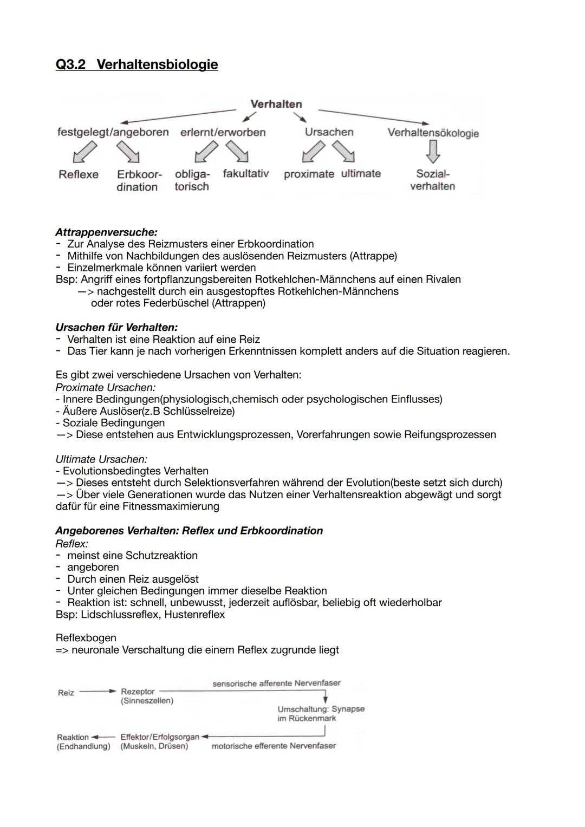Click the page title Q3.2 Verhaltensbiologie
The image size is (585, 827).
(x=136, y=64)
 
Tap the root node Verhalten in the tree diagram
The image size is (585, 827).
(x=276, y=104)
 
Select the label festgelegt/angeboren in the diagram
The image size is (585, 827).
(x=113, y=132)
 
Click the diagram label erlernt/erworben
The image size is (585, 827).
(x=223, y=132)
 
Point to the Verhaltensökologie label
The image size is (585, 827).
(x=433, y=133)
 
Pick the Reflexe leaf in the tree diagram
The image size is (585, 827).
(x=79, y=174)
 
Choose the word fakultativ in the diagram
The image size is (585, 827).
(x=245, y=174)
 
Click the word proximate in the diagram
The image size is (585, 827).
(x=309, y=174)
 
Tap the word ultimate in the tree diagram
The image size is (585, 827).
(x=361, y=174)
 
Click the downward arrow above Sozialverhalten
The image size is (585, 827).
(x=432, y=152)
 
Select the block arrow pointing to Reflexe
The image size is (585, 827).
(x=84, y=152)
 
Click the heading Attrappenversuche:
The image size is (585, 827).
(x=106, y=232)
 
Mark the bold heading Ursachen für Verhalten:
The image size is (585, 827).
(x=116, y=327)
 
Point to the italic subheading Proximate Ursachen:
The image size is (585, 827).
(x=105, y=387)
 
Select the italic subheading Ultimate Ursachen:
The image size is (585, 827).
(x=101, y=459)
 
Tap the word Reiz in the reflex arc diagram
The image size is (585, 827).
(x=66, y=693)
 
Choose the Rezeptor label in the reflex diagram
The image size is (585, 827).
(x=138, y=692)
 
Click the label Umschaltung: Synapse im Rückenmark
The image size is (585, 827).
(x=321, y=714)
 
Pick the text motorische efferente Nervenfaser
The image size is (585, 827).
(x=274, y=746)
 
